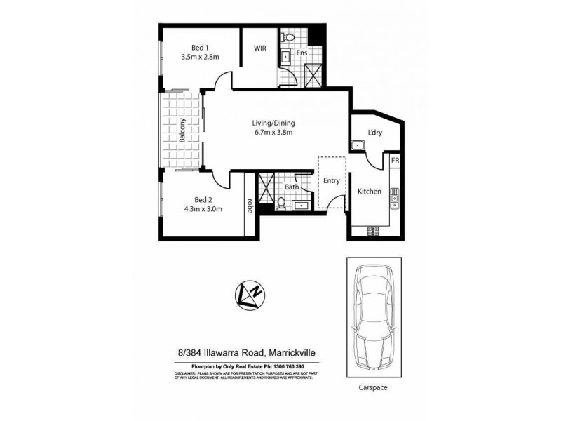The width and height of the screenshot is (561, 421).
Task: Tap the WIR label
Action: point(261,49)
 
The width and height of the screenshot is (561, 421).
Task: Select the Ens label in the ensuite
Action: point(302,53)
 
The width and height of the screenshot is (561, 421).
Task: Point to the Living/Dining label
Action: point(273,125)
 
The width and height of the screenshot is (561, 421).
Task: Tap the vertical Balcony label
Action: point(182,131)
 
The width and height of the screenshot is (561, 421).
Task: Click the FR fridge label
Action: point(396,161)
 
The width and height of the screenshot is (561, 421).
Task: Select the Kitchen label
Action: point(370,192)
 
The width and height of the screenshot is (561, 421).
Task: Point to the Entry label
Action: point(331,180)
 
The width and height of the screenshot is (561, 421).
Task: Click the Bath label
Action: point(291,187)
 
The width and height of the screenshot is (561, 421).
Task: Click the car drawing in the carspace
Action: point(374,314)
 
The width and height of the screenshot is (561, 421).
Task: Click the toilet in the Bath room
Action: point(281,203)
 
